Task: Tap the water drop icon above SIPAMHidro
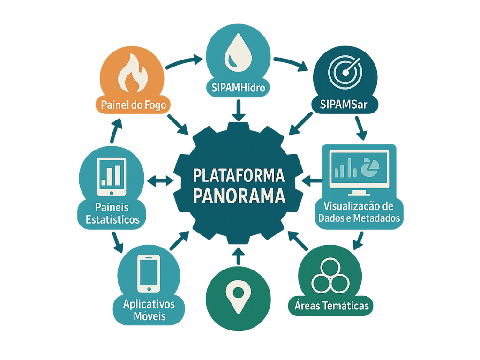tap(238, 55)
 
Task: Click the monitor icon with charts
tap(359, 170)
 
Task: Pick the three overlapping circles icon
tap(330, 275)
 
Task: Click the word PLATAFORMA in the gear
tap(239, 176)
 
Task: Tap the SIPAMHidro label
tap(238, 87)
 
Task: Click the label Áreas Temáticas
tap(332, 306)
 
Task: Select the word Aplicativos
tap(149, 304)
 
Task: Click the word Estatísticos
tap(112, 219)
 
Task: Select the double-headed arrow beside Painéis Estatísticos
tap(159, 180)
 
